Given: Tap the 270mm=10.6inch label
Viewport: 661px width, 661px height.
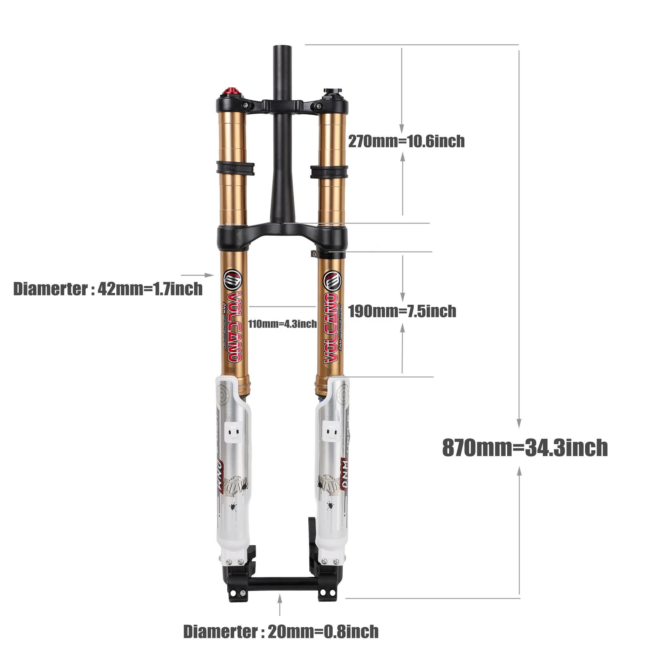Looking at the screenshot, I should coord(406,141).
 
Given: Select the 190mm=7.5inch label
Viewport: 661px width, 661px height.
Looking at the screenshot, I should coord(402,311).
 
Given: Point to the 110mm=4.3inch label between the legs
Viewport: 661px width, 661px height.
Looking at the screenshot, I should coord(283,324).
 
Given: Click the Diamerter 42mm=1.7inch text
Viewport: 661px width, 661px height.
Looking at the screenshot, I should coord(108,289).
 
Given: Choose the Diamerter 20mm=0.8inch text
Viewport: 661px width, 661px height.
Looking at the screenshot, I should coord(281,632).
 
